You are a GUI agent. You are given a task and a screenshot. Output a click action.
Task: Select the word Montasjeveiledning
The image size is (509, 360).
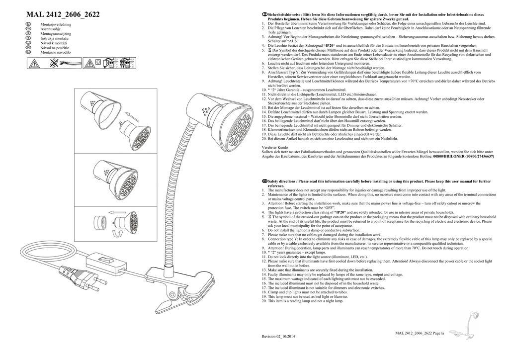point(56,24)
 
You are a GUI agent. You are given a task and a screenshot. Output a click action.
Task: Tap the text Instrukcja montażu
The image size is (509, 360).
point(54,38)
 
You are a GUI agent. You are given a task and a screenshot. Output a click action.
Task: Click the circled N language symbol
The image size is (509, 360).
point(29,24)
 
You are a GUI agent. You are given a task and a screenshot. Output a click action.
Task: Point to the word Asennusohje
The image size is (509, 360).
point(50,28)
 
